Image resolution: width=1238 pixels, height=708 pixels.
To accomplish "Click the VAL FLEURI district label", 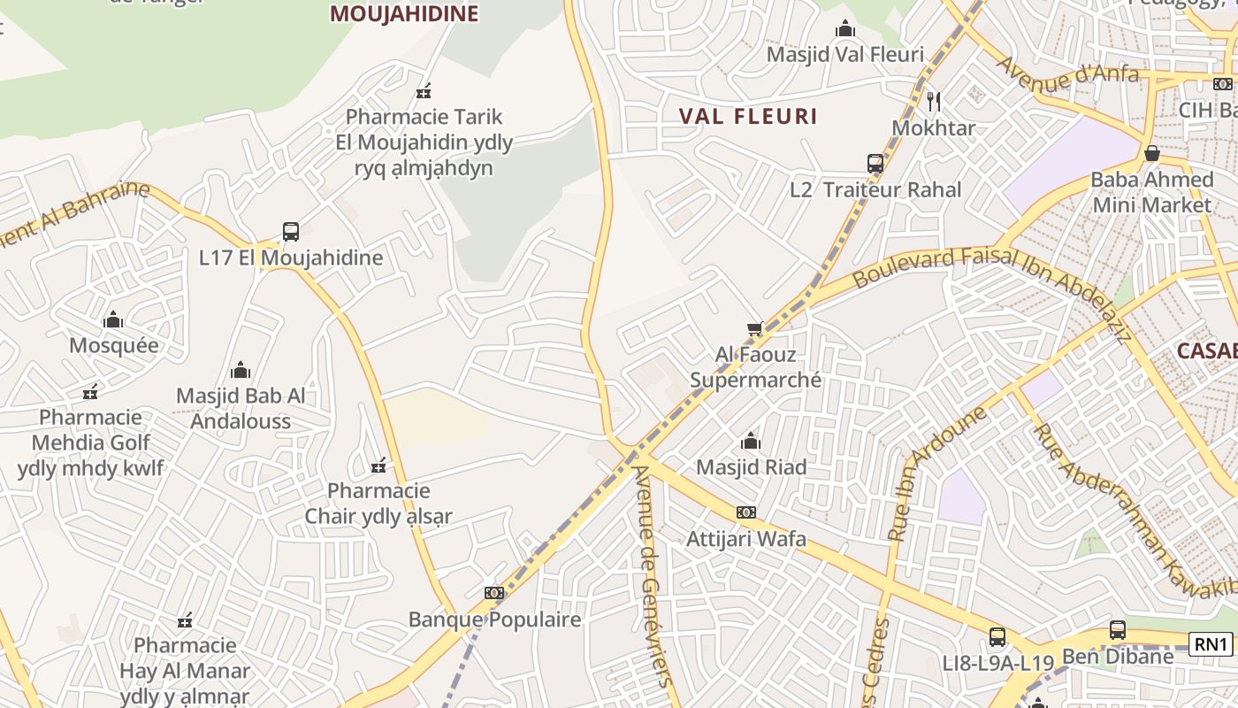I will [x=748, y=116].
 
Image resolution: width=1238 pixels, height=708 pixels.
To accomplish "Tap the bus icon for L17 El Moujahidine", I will [x=291, y=232].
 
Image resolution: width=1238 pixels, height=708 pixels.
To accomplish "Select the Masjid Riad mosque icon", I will [x=751, y=441].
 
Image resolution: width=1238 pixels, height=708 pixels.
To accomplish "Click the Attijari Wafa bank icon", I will [x=746, y=512].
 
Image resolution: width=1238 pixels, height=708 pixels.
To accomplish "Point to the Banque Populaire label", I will [x=494, y=619].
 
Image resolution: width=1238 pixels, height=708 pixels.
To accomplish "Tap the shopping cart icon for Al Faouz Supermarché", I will [x=754, y=329].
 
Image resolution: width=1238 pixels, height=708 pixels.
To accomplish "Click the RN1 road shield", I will [x=1211, y=644].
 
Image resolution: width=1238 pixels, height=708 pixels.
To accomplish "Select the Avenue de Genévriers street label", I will [x=653, y=575].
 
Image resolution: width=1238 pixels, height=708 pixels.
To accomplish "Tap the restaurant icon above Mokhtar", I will [x=933, y=101].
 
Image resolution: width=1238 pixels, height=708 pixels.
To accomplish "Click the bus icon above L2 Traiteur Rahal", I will [x=875, y=164].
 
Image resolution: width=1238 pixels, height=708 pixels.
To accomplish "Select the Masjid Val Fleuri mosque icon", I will [x=845, y=28].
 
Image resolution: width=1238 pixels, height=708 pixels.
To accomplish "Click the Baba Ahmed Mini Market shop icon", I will [x=1151, y=153].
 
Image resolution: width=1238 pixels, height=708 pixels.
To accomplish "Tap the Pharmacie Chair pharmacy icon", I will [x=378, y=465].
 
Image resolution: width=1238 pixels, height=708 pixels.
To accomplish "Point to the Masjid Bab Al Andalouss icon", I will [x=240, y=370].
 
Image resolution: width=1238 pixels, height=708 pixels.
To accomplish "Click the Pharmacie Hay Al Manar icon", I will [x=185, y=620].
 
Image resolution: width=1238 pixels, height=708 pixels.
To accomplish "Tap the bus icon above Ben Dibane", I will [x=1118, y=630].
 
